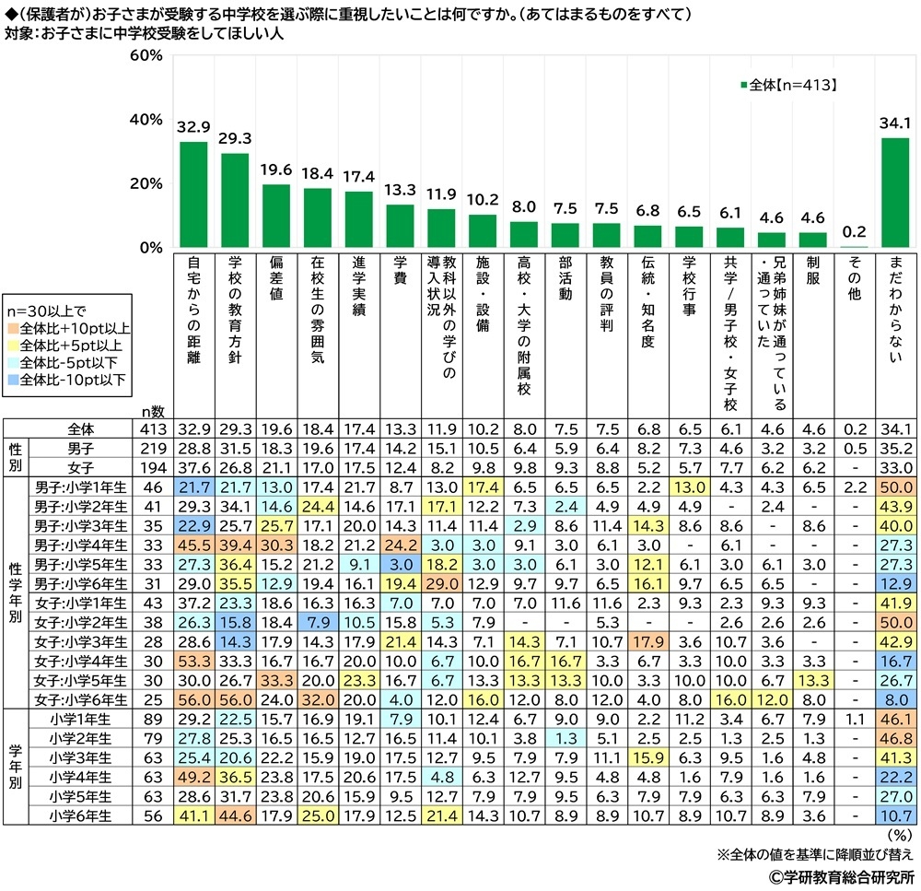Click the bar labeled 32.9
[x=193, y=194]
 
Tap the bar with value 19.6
[x=276, y=216]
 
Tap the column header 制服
[x=812, y=276]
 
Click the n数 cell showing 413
[x=153, y=429]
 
